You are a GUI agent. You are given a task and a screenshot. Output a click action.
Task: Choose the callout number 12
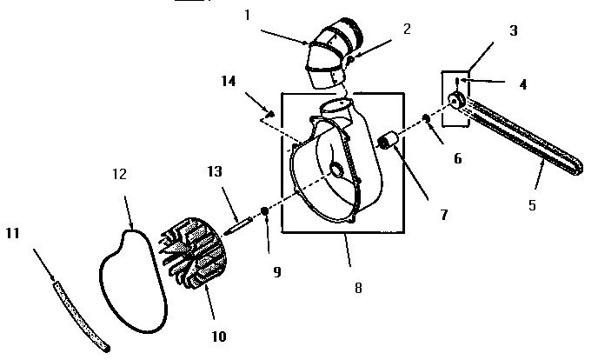point(120,175)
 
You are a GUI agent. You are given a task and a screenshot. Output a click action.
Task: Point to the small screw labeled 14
point(270,112)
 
